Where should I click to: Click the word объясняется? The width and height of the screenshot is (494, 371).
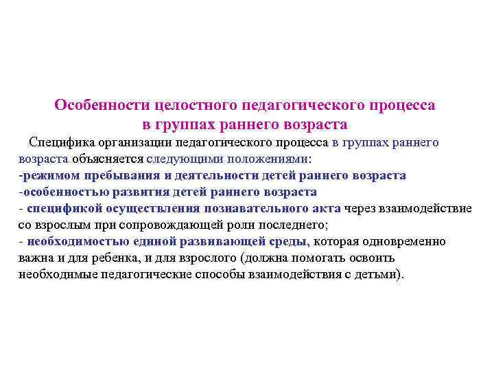click(104, 159)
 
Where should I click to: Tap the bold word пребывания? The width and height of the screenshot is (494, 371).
click(106, 175)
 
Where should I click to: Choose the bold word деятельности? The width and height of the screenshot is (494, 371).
click(206, 175)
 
